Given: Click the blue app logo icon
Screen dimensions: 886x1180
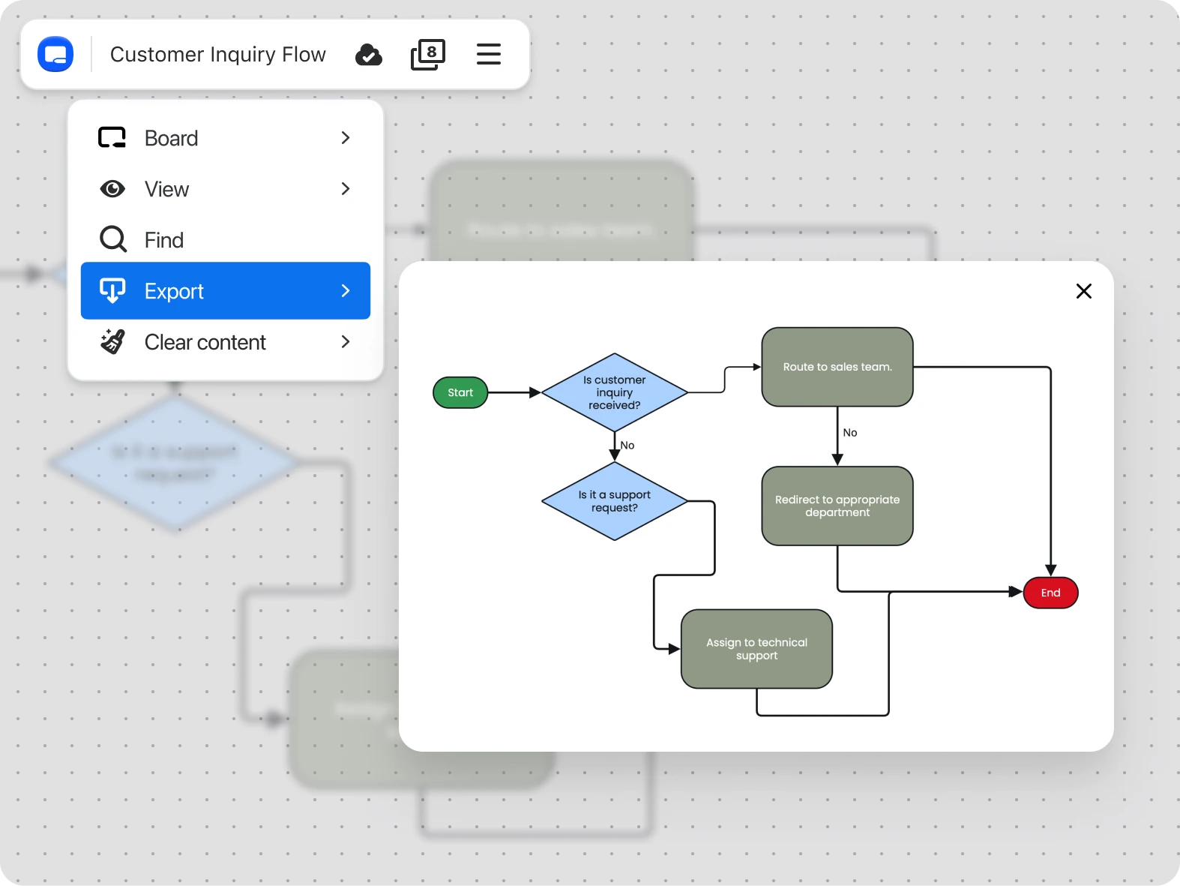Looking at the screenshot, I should click(55, 54).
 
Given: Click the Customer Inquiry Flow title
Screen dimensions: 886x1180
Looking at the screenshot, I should click(217, 55).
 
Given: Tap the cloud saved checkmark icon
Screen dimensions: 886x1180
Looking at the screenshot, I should click(368, 55).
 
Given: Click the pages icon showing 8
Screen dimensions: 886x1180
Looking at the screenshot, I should click(428, 55).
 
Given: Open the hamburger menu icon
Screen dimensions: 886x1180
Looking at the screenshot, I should click(489, 54).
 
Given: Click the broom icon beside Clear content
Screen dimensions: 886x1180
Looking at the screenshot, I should click(112, 342).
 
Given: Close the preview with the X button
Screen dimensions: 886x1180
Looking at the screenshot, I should click(1083, 291).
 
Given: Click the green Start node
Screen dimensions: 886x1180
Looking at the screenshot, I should click(460, 392).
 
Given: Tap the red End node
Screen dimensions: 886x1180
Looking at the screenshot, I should click(1050, 593).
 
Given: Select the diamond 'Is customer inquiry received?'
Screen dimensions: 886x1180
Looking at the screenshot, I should click(614, 392).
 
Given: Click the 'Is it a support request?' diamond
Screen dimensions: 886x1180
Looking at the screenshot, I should click(614, 501).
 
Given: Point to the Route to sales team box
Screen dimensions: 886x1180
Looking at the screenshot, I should click(837, 367).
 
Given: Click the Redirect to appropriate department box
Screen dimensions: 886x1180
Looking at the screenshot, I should click(837, 506).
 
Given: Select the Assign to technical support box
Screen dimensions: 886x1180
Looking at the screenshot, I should click(756, 649).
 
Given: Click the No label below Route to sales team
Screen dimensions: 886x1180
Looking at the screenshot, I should click(850, 433).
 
